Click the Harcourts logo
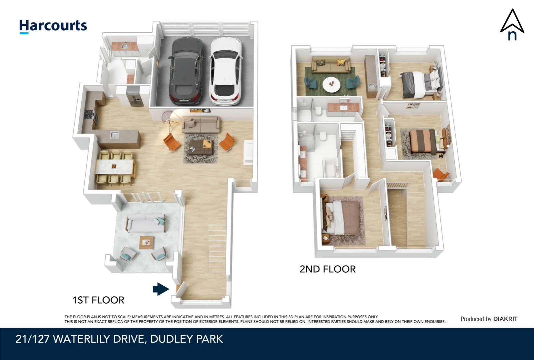pos(53,26)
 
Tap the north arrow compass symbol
pos(512,25)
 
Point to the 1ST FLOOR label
pos(98,300)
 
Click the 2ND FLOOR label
pos(327,269)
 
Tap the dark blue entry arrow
pos(161,289)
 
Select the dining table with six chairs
pos(115,167)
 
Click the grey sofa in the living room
pos(201,125)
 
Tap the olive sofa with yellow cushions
pos(331,65)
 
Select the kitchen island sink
pos(114,135)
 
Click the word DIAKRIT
pos(505,319)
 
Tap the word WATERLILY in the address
pos(81,339)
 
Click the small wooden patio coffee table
pos(147,242)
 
